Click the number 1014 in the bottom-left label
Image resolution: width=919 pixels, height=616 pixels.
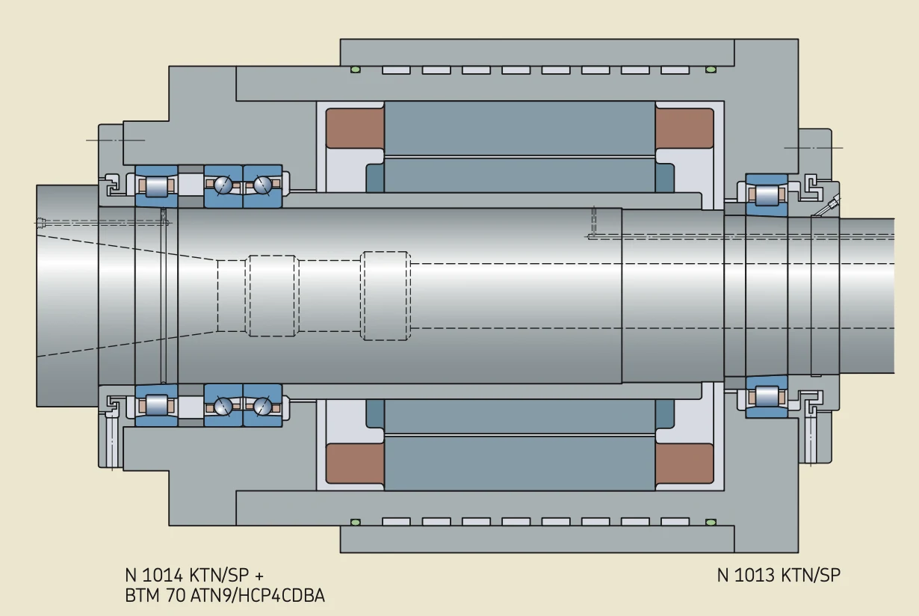(162, 576)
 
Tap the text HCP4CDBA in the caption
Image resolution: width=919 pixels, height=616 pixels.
(282, 596)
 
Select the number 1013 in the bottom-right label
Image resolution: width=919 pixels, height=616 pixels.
(754, 575)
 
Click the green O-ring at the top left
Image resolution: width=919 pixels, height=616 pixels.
(356, 70)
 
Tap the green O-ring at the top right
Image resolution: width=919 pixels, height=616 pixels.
(711, 70)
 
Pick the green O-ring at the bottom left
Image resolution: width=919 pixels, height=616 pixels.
(356, 522)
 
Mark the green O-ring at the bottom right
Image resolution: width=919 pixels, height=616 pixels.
(711, 522)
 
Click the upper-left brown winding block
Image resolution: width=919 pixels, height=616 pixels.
(356, 128)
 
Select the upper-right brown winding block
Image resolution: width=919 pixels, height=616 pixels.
(684, 128)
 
